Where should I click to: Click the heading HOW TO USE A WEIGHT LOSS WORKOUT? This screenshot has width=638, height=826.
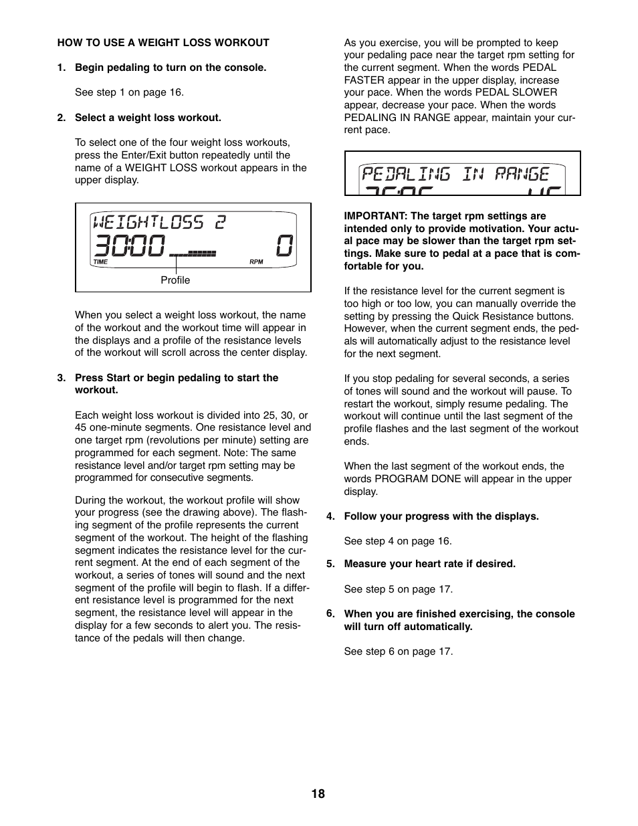pos(163,43)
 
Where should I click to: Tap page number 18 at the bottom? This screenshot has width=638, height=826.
pos(318,794)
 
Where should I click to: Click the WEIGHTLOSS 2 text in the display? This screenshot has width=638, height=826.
pos(159,222)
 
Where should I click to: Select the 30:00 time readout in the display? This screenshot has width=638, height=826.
pos(129,246)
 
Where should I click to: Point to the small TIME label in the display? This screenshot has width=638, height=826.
pos(100,262)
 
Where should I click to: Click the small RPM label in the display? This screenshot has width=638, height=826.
pos(256,262)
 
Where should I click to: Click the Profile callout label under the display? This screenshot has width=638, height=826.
pos(175,280)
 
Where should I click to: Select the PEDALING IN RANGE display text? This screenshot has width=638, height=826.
pos(455,175)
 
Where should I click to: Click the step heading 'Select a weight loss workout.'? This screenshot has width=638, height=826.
pos(148,118)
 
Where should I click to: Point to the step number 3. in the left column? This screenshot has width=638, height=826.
pos(62,378)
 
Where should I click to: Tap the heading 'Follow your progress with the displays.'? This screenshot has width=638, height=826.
pos(441,516)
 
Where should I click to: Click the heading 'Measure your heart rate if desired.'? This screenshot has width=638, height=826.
pos(429,564)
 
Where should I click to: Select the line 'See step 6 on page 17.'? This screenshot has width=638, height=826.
pos(398,651)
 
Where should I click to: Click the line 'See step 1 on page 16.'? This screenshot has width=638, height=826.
pos(129,92)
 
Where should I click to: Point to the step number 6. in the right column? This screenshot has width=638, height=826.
pos(330,614)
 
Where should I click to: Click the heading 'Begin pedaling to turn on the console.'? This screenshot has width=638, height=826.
pos(171,68)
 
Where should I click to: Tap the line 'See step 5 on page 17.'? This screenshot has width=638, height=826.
pos(398,589)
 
